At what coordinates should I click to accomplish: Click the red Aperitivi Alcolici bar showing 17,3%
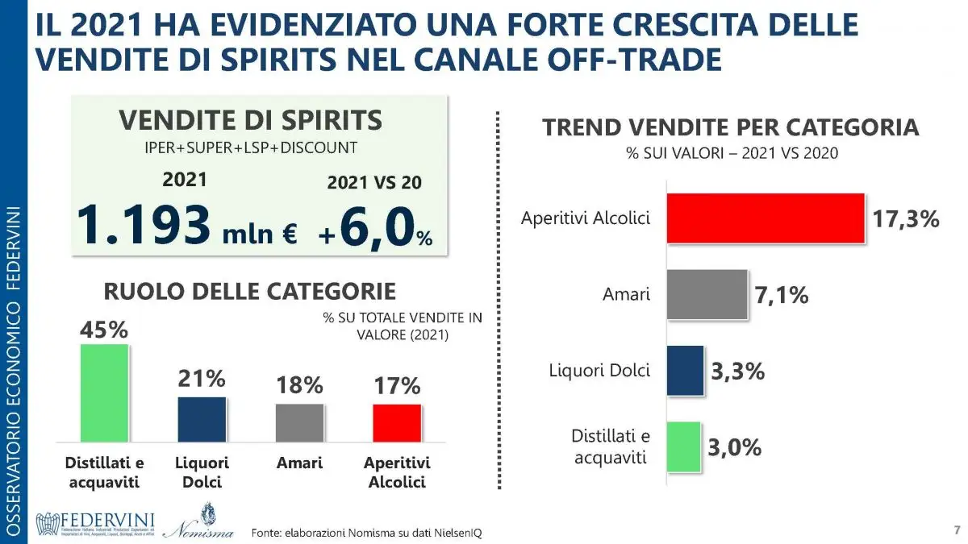tap(765, 218)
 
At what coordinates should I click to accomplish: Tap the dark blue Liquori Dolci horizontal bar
tap(685, 371)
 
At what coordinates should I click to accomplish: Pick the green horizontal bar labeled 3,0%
tap(683, 446)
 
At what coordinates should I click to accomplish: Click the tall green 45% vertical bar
tap(104, 392)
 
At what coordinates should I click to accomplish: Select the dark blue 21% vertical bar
tap(202, 419)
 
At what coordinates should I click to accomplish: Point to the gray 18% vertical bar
tap(299, 422)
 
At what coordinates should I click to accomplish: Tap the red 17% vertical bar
tap(397, 422)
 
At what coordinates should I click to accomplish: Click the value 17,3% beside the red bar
tap(906, 218)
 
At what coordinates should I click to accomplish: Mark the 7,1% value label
tap(781, 296)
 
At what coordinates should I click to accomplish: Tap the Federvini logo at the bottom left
tap(95, 523)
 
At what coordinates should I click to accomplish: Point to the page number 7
tap(956, 529)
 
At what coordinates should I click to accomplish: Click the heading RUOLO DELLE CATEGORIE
tap(249, 292)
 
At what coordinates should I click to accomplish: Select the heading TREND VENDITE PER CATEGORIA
tap(731, 128)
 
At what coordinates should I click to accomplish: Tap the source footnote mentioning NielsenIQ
tap(366, 533)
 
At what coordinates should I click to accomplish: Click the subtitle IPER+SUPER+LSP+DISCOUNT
tap(250, 148)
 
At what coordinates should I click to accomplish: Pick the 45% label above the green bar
tap(103, 330)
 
